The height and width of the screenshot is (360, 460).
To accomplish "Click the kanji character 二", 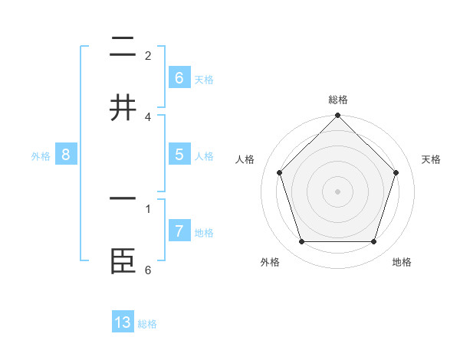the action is tap(123, 47).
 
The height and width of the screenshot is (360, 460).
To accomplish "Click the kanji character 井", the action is tap(123, 108).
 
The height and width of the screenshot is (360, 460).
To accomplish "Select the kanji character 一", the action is tap(123, 198).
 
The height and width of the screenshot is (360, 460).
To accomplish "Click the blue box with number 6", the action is tap(179, 77).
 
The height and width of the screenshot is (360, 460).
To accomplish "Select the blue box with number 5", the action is tap(179, 155).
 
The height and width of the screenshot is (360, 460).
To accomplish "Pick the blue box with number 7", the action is tap(179, 231).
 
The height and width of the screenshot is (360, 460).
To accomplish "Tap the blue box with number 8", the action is tap(65, 155).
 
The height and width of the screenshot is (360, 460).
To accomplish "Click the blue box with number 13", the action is tap(123, 322).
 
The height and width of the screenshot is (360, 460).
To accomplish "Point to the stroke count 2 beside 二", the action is tap(148, 56).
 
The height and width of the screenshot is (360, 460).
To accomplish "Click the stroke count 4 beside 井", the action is tap(148, 117).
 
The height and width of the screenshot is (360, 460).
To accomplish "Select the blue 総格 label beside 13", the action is tap(147, 324).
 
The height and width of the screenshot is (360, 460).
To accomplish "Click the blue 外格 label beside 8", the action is tap(41, 156).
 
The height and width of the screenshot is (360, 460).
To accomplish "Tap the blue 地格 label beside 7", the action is tap(204, 233).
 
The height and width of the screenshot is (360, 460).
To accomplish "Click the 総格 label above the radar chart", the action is tap(337, 100).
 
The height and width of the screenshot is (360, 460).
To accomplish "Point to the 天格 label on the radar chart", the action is tap(431, 159).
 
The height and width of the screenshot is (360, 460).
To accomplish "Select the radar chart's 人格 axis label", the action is tap(245, 159).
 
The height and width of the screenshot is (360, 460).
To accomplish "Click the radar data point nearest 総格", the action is tap(337, 116).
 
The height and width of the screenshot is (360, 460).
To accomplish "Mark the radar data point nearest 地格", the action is tap(373, 241).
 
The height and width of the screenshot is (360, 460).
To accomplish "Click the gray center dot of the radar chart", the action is tap(337, 191).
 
